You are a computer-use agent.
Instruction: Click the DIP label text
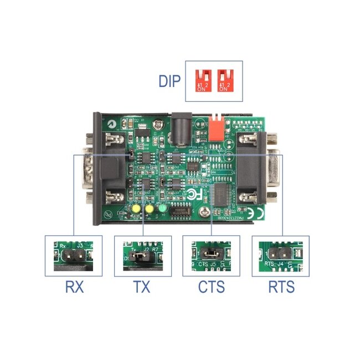coord(169,81)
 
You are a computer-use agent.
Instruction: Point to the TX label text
coord(141,287)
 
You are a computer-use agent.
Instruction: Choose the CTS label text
coord(211,287)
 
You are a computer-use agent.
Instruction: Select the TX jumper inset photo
coord(142,256)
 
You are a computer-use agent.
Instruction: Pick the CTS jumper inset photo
coord(211,256)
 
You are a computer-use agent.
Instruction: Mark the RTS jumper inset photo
coord(280,256)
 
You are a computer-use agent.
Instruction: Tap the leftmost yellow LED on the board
coord(135,209)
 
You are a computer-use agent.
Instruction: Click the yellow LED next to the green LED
coord(149,209)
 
